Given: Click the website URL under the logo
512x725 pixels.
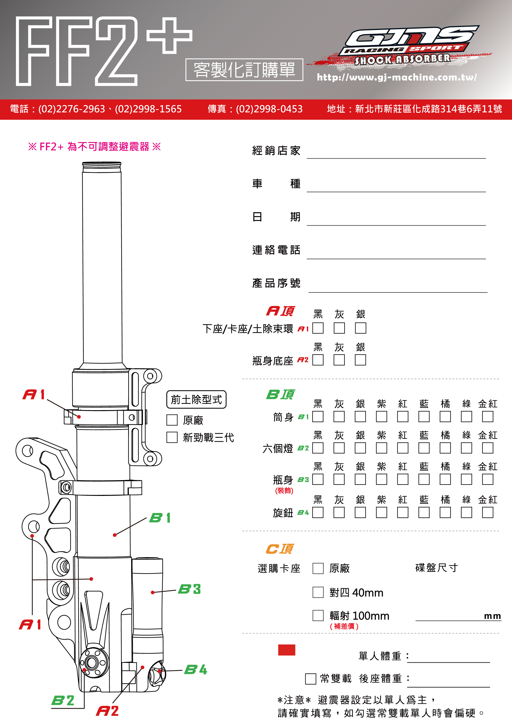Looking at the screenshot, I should [x=397, y=77].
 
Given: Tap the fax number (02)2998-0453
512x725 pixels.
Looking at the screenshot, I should [x=269, y=109].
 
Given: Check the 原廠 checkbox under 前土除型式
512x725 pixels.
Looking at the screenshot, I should [x=172, y=420].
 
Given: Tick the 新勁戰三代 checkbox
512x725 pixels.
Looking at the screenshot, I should [x=172, y=437].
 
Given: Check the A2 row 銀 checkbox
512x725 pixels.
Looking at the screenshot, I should [x=360, y=360].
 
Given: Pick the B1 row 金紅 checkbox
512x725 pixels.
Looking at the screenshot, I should [x=487, y=416].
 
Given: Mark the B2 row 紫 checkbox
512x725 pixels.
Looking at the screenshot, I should [x=381, y=448].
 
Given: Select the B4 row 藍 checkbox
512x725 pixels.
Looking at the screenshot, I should [x=424, y=512].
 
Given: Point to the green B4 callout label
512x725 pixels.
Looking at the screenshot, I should [x=195, y=670].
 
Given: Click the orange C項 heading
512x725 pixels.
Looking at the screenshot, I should [x=280, y=549].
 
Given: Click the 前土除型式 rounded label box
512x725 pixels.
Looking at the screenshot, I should [x=196, y=399].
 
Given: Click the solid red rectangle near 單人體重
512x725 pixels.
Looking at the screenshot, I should [x=286, y=650].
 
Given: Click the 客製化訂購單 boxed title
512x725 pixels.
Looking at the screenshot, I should [x=244, y=70].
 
